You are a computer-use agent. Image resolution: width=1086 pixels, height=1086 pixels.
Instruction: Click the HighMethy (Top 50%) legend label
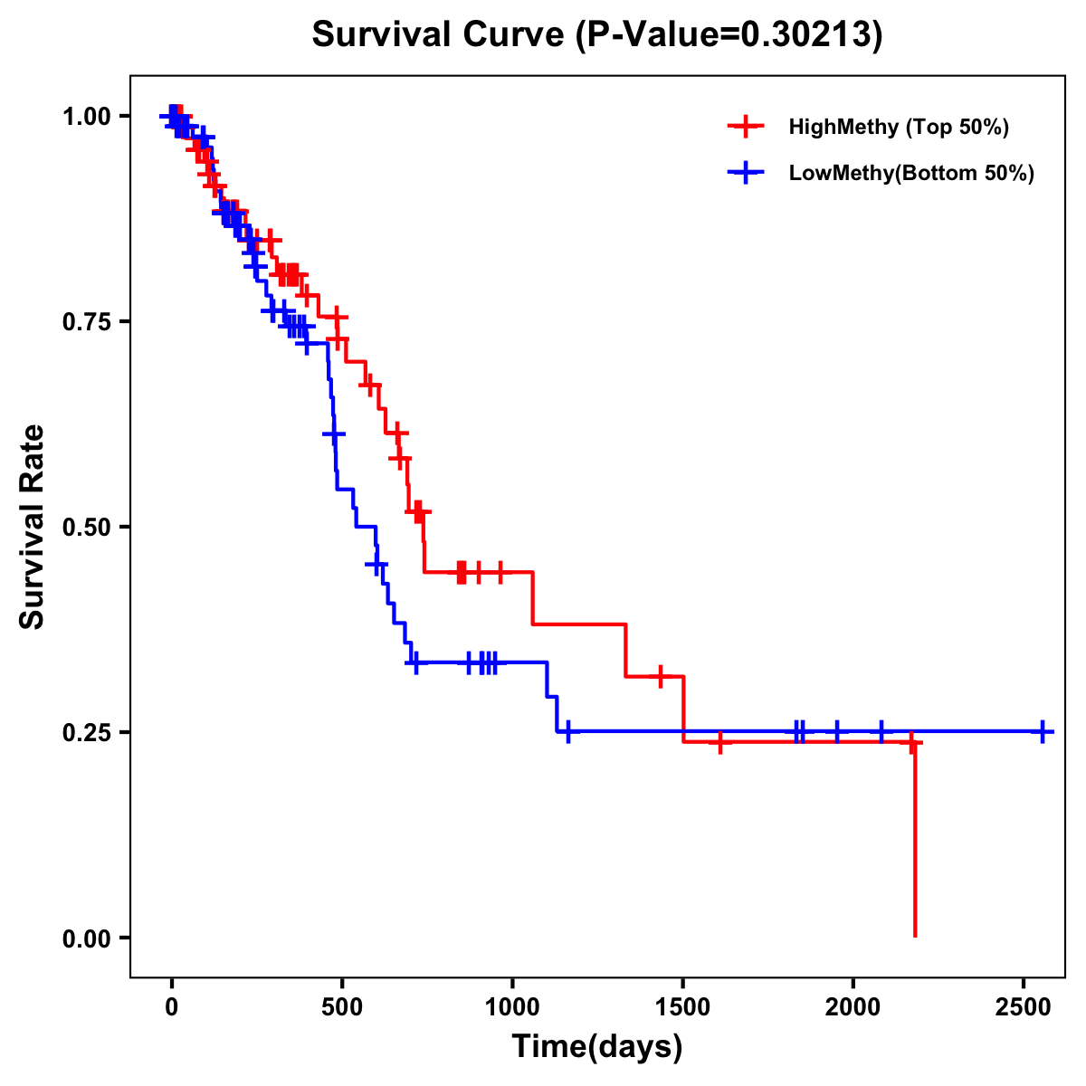899,127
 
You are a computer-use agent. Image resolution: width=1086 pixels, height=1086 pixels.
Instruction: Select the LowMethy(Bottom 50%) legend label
911,174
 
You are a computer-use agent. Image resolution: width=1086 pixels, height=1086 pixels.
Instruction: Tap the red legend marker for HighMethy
745,127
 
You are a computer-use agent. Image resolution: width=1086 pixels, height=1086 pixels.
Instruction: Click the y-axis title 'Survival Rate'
33,526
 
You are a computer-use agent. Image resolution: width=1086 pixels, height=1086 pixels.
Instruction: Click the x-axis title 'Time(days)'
597,1047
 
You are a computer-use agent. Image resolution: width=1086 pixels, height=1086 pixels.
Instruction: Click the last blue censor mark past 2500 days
1043,731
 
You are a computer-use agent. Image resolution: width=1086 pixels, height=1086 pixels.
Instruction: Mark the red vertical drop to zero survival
915,842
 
